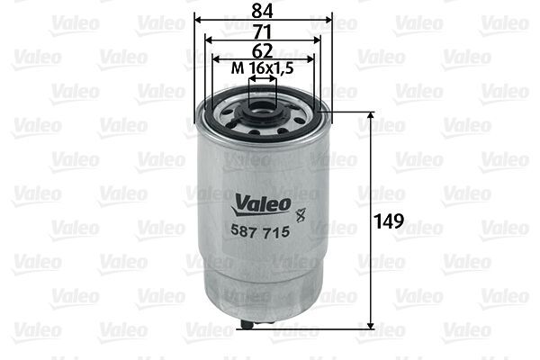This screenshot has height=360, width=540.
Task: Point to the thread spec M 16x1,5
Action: [x=263, y=68]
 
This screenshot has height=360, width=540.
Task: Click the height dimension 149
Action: [x=388, y=220]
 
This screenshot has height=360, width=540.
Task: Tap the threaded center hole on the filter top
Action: [x=263, y=112]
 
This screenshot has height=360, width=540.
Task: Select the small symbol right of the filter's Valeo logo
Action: [x=301, y=213]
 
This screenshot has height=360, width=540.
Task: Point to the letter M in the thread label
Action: [x=237, y=68]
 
